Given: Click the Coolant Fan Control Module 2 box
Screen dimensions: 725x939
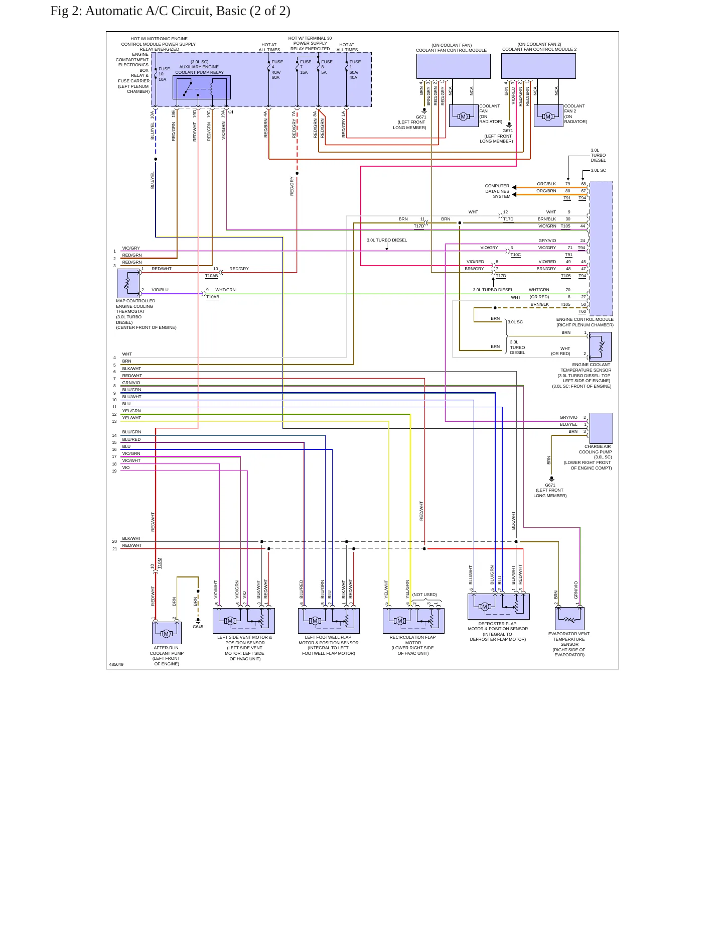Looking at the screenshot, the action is (x=538, y=66).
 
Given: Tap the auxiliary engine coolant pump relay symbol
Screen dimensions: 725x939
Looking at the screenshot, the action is (x=202, y=88).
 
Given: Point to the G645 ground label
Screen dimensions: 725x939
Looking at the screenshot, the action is (x=198, y=627).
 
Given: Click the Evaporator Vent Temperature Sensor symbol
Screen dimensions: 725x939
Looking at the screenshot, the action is (x=569, y=618).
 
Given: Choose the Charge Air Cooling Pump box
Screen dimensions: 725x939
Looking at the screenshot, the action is (x=601, y=428).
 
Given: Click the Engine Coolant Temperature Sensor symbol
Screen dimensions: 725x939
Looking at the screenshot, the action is (x=600, y=346).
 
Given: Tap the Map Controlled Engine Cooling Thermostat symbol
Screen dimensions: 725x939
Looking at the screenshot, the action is (x=128, y=283).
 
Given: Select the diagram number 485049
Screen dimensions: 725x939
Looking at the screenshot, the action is (x=116, y=664).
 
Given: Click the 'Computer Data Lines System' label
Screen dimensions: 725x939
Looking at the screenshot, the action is (x=497, y=191).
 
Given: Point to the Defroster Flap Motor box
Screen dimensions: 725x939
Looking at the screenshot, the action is (x=499, y=607).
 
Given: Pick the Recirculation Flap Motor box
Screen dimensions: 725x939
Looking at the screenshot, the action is (x=413, y=621).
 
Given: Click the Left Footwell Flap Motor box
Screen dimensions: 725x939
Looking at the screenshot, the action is (x=329, y=621).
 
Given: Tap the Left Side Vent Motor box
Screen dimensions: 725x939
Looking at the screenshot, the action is (x=244, y=621).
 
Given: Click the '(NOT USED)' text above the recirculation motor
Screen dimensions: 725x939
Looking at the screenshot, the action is (x=424, y=595).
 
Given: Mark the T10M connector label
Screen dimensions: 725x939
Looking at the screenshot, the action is (x=160, y=563).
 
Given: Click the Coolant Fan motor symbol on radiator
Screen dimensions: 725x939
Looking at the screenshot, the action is (x=464, y=116).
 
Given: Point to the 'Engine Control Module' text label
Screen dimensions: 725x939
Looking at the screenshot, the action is (x=585, y=319).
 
